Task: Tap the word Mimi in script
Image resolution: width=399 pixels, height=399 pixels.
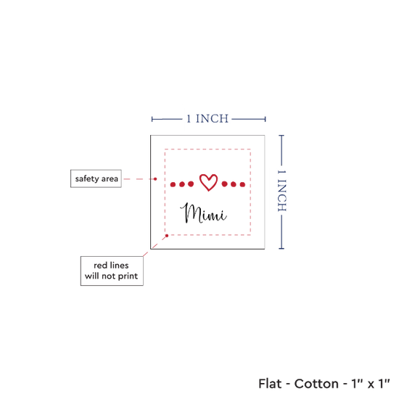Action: point(203,214)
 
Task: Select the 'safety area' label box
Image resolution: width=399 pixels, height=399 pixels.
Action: point(96,178)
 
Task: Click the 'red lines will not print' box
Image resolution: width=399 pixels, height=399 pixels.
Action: point(112,271)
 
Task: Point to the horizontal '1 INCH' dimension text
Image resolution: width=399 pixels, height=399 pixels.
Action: point(207,119)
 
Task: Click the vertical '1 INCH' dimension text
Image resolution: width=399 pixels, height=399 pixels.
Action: point(281,191)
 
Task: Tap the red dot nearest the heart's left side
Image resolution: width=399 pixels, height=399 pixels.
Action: point(191,184)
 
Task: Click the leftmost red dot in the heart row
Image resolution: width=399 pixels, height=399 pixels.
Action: point(173,184)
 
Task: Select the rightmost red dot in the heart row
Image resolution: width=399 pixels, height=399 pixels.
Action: point(242,184)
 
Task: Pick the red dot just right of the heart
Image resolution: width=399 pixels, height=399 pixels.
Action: point(224,184)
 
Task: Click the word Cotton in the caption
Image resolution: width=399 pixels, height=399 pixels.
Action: point(316,384)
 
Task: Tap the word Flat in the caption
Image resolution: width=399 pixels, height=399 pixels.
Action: point(270,384)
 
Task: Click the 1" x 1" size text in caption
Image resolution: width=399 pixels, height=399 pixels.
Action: point(371,384)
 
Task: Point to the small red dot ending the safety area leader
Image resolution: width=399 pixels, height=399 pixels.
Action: point(155,179)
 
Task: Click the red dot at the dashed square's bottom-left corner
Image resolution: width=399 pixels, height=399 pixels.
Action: point(167,236)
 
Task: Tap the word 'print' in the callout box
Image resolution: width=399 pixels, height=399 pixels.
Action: point(128,276)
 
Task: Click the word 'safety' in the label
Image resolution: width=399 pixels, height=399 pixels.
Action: point(87,178)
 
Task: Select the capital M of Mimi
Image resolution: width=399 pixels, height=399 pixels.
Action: point(189,213)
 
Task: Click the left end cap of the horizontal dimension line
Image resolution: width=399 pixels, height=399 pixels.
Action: point(152,119)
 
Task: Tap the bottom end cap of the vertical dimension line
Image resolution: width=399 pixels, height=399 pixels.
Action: point(281,248)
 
